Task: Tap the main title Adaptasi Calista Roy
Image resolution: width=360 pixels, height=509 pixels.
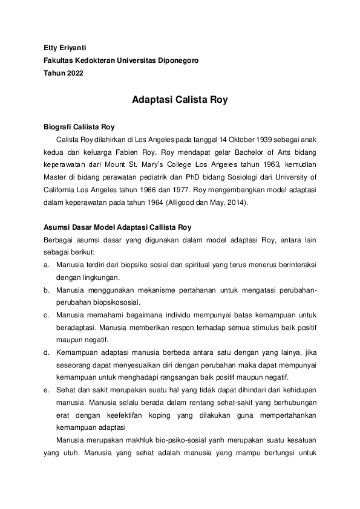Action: [x=180, y=100]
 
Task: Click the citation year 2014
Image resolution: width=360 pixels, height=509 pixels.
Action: [x=234, y=203]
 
